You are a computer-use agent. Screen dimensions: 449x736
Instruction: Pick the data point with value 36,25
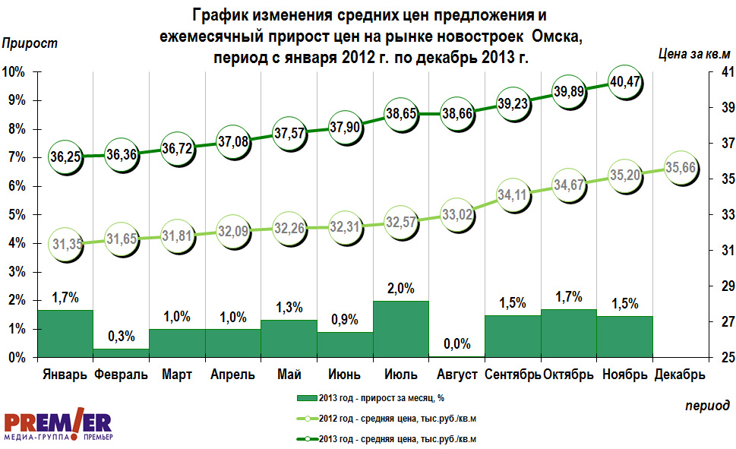point(65,157)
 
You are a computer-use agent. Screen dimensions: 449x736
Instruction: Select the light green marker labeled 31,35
point(65,244)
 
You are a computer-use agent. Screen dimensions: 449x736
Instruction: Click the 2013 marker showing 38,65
point(401,114)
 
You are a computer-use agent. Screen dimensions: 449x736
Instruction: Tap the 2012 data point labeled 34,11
point(513,194)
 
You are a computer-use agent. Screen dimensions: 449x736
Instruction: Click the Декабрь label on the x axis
point(681,375)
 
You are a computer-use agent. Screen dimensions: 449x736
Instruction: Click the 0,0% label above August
point(457,344)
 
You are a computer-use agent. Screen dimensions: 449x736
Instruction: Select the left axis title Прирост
point(30,44)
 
